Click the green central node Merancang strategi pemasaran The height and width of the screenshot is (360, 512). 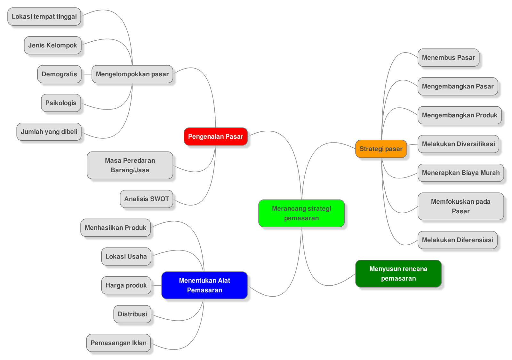[301, 213]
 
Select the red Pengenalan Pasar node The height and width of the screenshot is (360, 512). [216, 136]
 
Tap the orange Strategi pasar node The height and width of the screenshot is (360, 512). [381, 149]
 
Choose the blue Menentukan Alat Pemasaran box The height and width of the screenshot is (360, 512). [204, 285]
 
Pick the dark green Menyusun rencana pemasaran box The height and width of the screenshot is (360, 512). [398, 274]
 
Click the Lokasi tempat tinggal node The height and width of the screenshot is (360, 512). [44, 17]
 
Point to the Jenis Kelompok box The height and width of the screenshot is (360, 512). [52, 45]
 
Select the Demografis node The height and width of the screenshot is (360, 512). [59, 74]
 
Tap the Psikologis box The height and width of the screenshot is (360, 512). [61, 103]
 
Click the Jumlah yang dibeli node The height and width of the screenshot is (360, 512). [49, 132]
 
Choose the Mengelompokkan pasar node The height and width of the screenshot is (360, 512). [132, 74]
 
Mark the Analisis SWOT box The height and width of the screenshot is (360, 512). [146, 199]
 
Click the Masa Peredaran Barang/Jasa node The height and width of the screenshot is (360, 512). [130, 165]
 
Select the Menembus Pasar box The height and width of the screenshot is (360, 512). [448, 58]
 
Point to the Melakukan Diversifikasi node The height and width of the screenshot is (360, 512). [458, 144]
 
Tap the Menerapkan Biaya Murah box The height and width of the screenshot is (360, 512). [460, 173]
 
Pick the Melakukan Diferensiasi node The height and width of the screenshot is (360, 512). [457, 240]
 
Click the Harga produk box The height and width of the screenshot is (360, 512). [126, 285]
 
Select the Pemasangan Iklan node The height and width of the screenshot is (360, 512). [118, 343]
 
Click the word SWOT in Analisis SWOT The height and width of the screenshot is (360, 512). [159, 199]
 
